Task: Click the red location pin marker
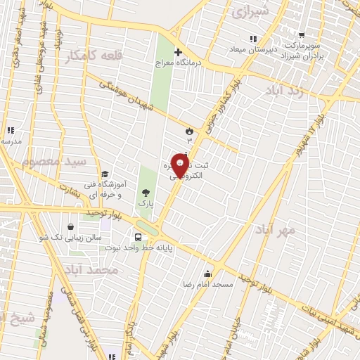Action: (180, 166)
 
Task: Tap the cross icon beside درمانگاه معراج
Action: (178, 52)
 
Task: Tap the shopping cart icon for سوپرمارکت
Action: (302, 35)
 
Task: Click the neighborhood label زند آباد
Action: (287, 90)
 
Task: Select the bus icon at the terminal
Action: (138, 237)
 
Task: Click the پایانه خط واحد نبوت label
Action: (149, 248)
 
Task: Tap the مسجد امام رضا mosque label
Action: (208, 283)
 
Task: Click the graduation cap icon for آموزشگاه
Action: (105, 174)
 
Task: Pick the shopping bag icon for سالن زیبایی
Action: (71, 227)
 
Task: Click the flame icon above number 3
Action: (188, 131)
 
